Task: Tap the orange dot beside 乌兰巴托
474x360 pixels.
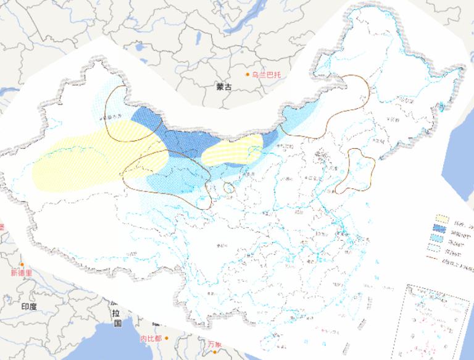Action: [x=247, y=75]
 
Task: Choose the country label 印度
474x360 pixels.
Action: [x=29, y=306]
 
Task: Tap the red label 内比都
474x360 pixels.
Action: [x=151, y=338]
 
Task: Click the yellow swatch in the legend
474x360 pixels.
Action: [x=441, y=219]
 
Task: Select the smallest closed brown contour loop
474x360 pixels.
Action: [x=229, y=187]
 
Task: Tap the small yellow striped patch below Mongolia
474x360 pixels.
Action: [x=232, y=150]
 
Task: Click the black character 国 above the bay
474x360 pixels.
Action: [x=118, y=323]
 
